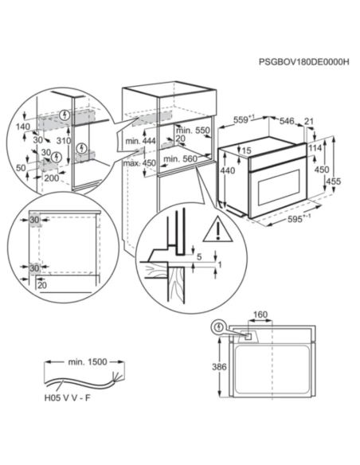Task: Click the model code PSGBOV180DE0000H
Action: click(304, 61)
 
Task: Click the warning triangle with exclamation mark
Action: click(217, 229)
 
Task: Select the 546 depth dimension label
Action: click(287, 121)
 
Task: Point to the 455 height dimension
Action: click(333, 181)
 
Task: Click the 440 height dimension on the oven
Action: click(228, 170)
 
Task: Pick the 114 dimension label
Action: click(315, 147)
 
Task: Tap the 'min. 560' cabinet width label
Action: click(180, 159)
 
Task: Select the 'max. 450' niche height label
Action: click(139, 163)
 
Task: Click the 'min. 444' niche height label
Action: click(140, 141)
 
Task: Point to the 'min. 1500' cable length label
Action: click(88, 361)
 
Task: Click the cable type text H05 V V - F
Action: click(67, 397)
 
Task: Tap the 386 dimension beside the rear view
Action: click(219, 367)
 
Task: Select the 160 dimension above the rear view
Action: click(260, 315)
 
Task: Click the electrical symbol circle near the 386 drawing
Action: click(219, 327)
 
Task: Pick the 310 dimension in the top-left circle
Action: click(64, 141)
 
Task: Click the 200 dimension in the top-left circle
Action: click(52, 178)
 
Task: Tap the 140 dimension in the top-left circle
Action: click(23, 127)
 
